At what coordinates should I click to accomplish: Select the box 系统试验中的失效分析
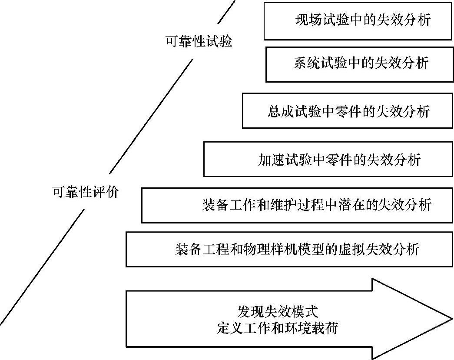(x=359, y=64)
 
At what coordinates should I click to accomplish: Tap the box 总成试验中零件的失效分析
(x=347, y=111)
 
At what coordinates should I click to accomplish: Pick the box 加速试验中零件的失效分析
(x=328, y=160)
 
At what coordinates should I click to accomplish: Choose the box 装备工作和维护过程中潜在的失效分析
(x=297, y=205)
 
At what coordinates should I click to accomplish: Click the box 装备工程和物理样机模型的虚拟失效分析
(x=289, y=249)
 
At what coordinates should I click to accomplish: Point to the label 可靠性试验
(x=199, y=42)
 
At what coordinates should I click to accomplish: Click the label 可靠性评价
(x=85, y=192)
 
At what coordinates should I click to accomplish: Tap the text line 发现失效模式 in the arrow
(x=278, y=312)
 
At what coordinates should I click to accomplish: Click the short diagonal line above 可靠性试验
(x=226, y=12)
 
